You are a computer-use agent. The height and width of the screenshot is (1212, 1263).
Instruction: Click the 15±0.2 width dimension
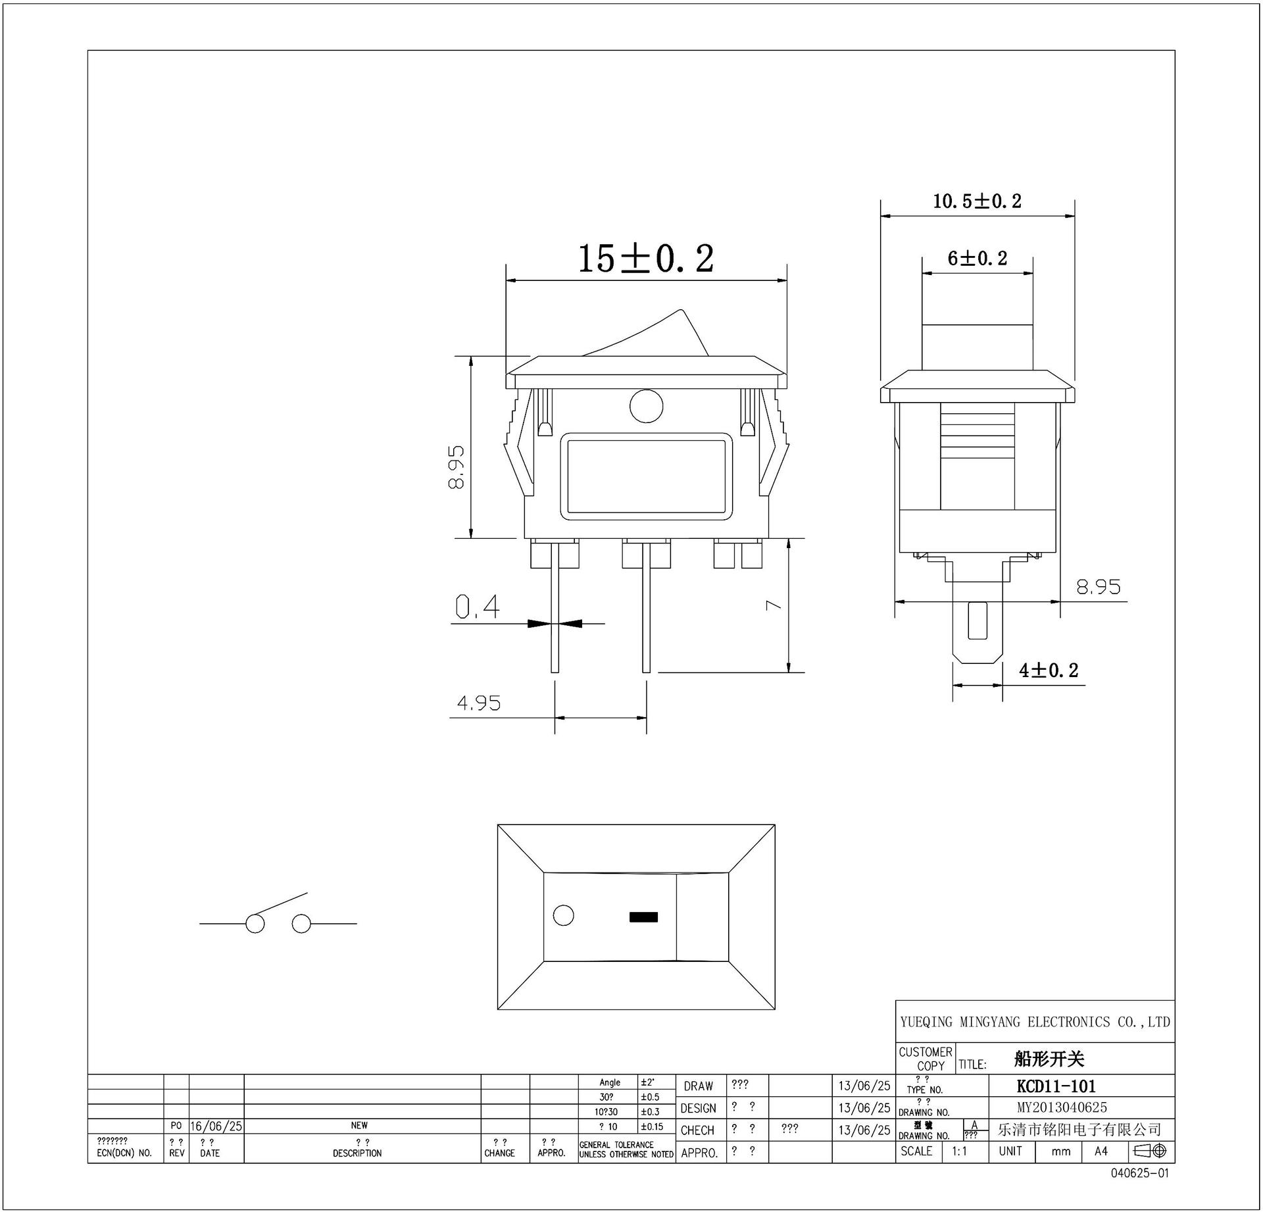pos(645,259)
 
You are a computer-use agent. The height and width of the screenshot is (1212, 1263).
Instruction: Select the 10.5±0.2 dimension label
pos(977,201)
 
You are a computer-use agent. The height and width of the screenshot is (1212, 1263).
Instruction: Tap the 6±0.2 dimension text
pos(977,259)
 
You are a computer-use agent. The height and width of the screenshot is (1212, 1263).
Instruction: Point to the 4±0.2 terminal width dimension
pos(1049,670)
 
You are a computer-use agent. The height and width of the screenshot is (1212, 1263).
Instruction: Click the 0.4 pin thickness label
pos(478,607)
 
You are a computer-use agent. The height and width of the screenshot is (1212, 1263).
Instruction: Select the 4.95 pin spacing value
pos(479,704)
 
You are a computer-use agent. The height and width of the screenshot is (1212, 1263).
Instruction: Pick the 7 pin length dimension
pos(774,604)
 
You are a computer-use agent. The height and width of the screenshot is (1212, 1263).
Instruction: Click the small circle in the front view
pos(646,406)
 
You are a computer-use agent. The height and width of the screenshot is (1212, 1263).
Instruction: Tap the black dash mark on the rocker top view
pos(643,917)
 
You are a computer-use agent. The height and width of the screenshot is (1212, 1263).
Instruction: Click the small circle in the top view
pos(564,915)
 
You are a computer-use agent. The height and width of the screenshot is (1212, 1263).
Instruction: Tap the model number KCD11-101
pos(1056,1086)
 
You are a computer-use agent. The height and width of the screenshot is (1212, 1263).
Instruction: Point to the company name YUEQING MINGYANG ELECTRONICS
pos(1035,1022)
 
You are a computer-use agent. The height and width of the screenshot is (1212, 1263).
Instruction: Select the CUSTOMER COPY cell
pos(925,1059)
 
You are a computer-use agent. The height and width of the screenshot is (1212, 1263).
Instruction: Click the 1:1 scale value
pos(960,1151)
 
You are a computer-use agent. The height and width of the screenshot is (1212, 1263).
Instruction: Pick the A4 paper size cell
pos(1101,1151)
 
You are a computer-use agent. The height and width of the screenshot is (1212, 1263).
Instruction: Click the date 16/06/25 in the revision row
pos(216,1126)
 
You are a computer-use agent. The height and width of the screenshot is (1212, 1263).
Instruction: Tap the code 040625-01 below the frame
pos(1140,1173)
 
